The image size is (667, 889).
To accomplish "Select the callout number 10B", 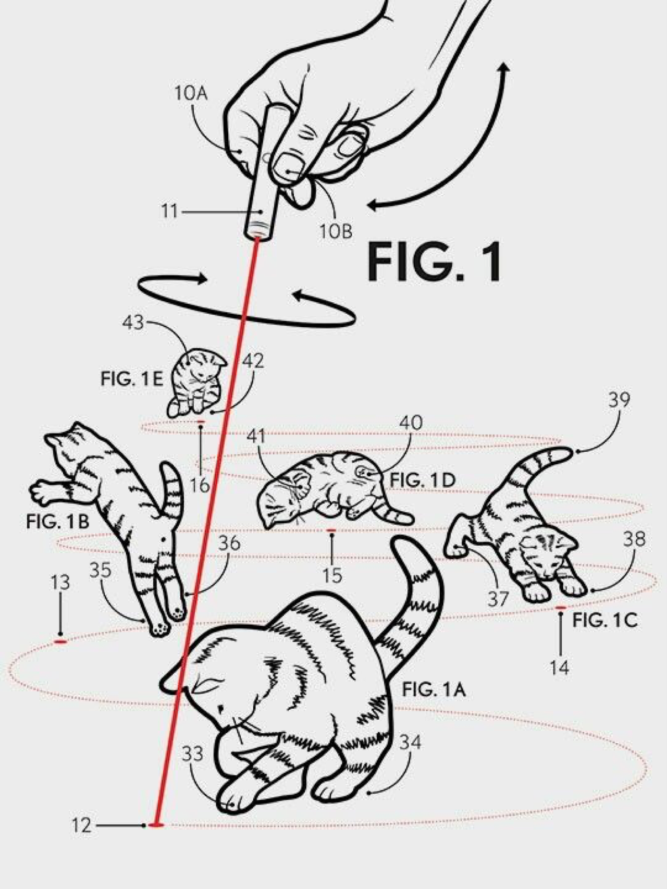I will tap(336, 230).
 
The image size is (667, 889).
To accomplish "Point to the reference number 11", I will tap(169, 212).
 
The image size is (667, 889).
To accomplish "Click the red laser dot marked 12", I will tap(156, 825).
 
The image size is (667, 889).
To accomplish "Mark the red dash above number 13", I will tap(60, 642).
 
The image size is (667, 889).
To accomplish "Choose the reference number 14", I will tap(559, 667).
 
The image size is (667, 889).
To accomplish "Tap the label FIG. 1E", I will tap(132, 379).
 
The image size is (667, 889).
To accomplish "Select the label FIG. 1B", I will tap(57, 521).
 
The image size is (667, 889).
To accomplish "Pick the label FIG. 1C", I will tap(604, 620).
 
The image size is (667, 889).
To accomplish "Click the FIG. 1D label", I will tap(423, 480).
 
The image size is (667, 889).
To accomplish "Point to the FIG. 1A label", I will tap(434, 689).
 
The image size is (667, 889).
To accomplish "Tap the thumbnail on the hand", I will tap(286, 167).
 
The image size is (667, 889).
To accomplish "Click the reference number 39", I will tap(619, 400).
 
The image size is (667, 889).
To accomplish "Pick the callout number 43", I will tap(133, 323).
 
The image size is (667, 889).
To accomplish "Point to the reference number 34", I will tap(410, 742).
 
